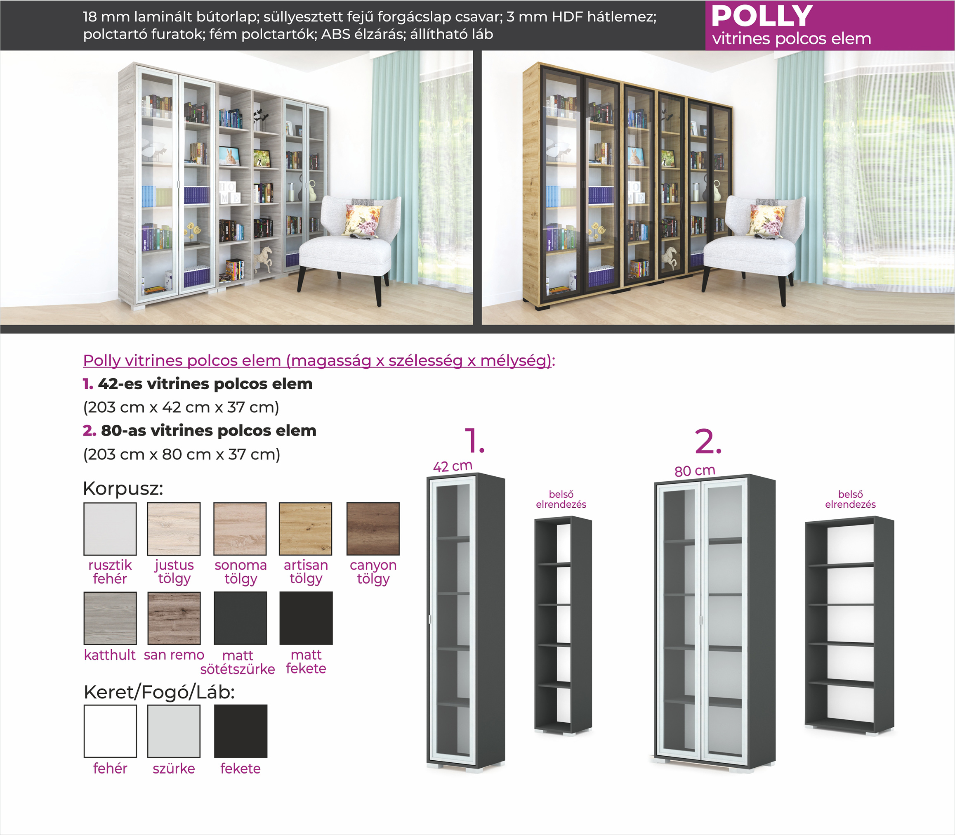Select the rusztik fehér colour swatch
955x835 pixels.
[x=110, y=529]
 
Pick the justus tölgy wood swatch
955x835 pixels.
[x=174, y=529]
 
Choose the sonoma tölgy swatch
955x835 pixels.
[x=240, y=529]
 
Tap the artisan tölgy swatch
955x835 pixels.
[x=305, y=529]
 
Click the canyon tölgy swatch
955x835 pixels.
[x=373, y=529]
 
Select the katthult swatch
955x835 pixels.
[x=110, y=618]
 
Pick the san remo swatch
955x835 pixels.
[x=174, y=618]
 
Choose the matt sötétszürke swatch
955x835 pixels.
[x=240, y=618]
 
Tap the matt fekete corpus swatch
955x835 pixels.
[x=306, y=618]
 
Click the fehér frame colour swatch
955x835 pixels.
[x=110, y=731]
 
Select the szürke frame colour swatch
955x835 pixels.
[x=174, y=731]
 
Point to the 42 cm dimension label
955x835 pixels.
[x=453, y=466]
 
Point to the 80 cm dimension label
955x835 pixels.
[x=695, y=471]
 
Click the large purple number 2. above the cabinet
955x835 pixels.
[x=708, y=441]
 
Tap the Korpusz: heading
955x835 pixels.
[x=123, y=488]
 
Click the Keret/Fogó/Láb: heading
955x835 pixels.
[x=159, y=693]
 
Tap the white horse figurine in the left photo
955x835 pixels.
[x=264, y=260]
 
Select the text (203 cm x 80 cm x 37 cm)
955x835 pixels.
[x=182, y=454]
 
